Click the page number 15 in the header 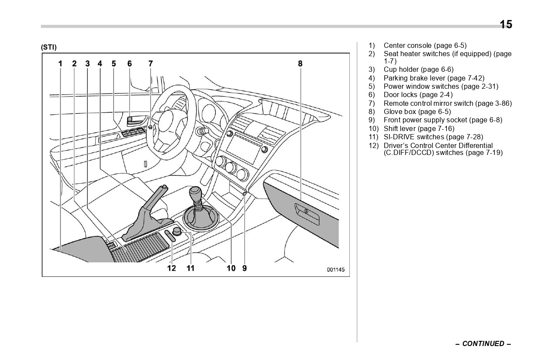coord(506,25)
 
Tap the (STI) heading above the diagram coord(49,47)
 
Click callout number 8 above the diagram coord(300,64)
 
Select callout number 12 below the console coord(172,268)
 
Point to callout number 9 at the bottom coord(245,268)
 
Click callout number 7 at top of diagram coord(151,64)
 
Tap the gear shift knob coord(195,192)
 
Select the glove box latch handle coord(307,212)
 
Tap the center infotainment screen coord(242,148)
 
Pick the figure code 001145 coord(335,270)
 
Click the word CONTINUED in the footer coord(483,344)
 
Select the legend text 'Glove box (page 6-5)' coord(417,112)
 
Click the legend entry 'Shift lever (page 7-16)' coord(419,129)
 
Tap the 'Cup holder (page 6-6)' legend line coord(418,70)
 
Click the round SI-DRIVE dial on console coord(177,231)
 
